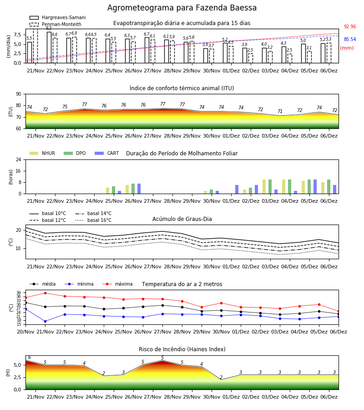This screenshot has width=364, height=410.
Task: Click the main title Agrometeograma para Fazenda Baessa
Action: pyautogui.click(x=182, y=8)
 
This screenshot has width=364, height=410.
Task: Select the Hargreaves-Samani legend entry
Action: pyautogui.click(x=57, y=17)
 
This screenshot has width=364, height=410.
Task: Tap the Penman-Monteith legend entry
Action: pyautogui.click(x=56, y=24)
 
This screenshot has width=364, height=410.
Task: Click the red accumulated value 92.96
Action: pyautogui.click(x=350, y=27)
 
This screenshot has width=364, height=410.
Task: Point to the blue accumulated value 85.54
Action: pyautogui.click(x=350, y=40)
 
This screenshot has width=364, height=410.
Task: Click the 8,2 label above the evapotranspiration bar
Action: pyautogui.click(x=49, y=28)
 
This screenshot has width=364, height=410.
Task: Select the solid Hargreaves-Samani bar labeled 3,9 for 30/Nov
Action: pyautogui.click(x=206, y=56)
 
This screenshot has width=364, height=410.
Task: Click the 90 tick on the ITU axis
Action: pyautogui.click(x=19, y=94)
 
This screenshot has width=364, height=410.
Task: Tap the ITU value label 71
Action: pyautogui.click(x=280, y=112)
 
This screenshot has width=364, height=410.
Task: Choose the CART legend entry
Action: pyautogui.click(x=107, y=153)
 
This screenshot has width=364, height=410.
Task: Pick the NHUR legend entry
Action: pyautogui.click(x=42, y=153)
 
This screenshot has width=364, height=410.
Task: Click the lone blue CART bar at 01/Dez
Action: pyautogui.click(x=237, y=190)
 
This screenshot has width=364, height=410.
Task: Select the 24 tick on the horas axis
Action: pyautogui.click(x=19, y=160)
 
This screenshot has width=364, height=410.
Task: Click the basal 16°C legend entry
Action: pyautogui.click(x=93, y=220)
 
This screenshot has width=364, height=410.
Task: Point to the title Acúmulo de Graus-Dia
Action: pyautogui.click(x=182, y=219)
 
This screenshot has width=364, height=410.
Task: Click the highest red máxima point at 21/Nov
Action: pyautogui.click(x=45, y=293)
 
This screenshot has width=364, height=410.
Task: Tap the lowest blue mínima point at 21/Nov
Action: pyautogui.click(x=45, y=321)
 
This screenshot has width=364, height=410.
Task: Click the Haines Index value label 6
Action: pyautogui.click(x=30, y=358)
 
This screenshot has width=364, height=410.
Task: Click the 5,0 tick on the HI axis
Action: pyautogui.click(x=18, y=365)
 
